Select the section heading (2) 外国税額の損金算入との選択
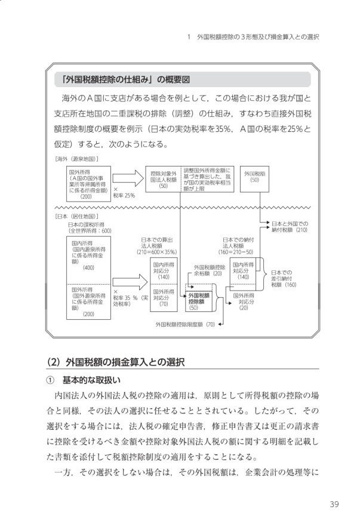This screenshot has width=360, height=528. (x=116, y=362)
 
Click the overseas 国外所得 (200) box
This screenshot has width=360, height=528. (x=87, y=183)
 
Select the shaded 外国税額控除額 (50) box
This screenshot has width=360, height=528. (x=195, y=301)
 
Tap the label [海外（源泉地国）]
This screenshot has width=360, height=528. (x=76, y=159)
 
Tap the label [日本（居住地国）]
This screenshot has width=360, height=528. (x=76, y=216)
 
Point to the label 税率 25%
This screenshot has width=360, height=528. (x=124, y=195)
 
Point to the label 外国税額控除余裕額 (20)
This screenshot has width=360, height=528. (x=209, y=270)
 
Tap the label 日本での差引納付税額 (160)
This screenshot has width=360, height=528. (x=283, y=279)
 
